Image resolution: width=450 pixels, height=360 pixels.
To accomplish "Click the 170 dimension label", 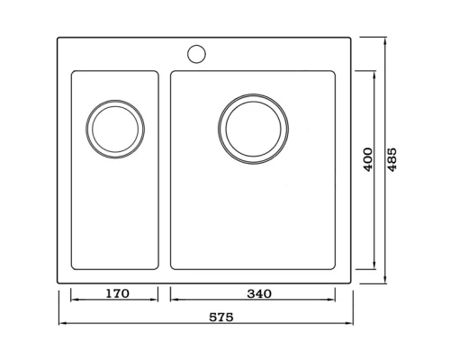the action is (118, 293).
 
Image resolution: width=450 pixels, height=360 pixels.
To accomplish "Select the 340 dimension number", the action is (259, 293).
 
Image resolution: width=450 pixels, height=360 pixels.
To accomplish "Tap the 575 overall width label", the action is (221, 317).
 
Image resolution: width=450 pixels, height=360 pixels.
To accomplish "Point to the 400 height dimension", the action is (368, 159).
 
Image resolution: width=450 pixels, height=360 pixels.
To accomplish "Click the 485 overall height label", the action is (391, 159).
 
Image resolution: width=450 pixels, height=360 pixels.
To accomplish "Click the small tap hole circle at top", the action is (196, 54).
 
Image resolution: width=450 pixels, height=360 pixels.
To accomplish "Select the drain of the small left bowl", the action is (115, 129).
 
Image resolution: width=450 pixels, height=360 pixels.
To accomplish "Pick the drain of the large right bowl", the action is (254, 129).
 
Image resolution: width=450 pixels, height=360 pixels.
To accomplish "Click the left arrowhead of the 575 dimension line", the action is (62, 323).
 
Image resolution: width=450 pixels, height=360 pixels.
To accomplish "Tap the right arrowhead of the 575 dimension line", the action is (349, 323).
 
